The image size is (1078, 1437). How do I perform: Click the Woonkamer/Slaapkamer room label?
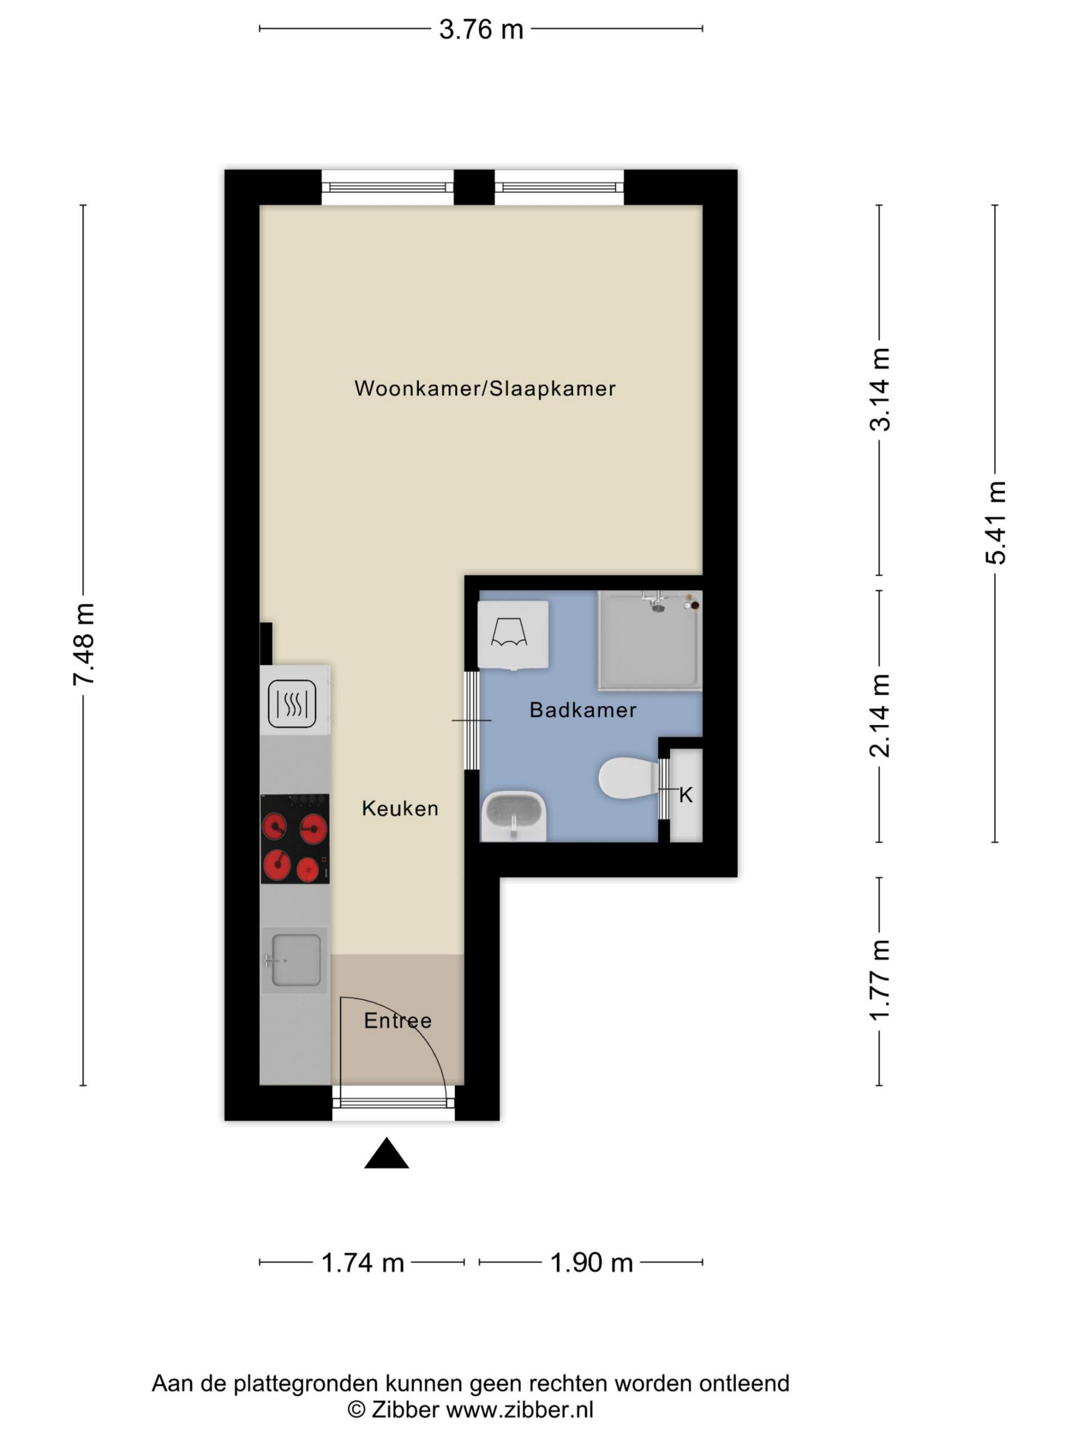(485, 388)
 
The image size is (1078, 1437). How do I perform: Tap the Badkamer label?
(583, 710)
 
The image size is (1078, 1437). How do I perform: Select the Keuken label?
(400, 809)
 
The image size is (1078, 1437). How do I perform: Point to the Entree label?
(398, 1020)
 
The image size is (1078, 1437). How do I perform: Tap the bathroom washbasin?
(513, 817)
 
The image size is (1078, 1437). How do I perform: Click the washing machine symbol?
(513, 635)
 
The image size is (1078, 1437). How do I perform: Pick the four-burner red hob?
(295, 839)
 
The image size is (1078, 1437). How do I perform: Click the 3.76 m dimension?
(481, 29)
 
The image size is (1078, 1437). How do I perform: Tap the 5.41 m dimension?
(995, 524)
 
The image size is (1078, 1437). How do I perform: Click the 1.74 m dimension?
(362, 1262)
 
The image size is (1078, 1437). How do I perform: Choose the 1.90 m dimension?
(591, 1262)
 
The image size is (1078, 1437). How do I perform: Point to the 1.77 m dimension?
(879, 982)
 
